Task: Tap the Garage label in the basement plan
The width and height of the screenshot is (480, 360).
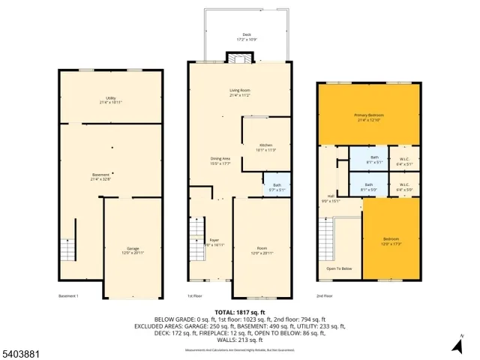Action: [x=133, y=250]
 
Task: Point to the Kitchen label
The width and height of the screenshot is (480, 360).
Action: [x=266, y=146]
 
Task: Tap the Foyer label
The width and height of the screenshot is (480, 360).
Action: [x=214, y=241]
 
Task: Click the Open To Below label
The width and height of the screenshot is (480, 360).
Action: [x=337, y=268]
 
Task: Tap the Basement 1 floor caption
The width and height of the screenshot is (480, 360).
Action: [x=68, y=295]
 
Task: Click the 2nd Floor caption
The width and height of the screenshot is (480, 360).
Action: [x=324, y=295]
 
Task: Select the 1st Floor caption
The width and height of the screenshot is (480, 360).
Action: [x=194, y=295]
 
